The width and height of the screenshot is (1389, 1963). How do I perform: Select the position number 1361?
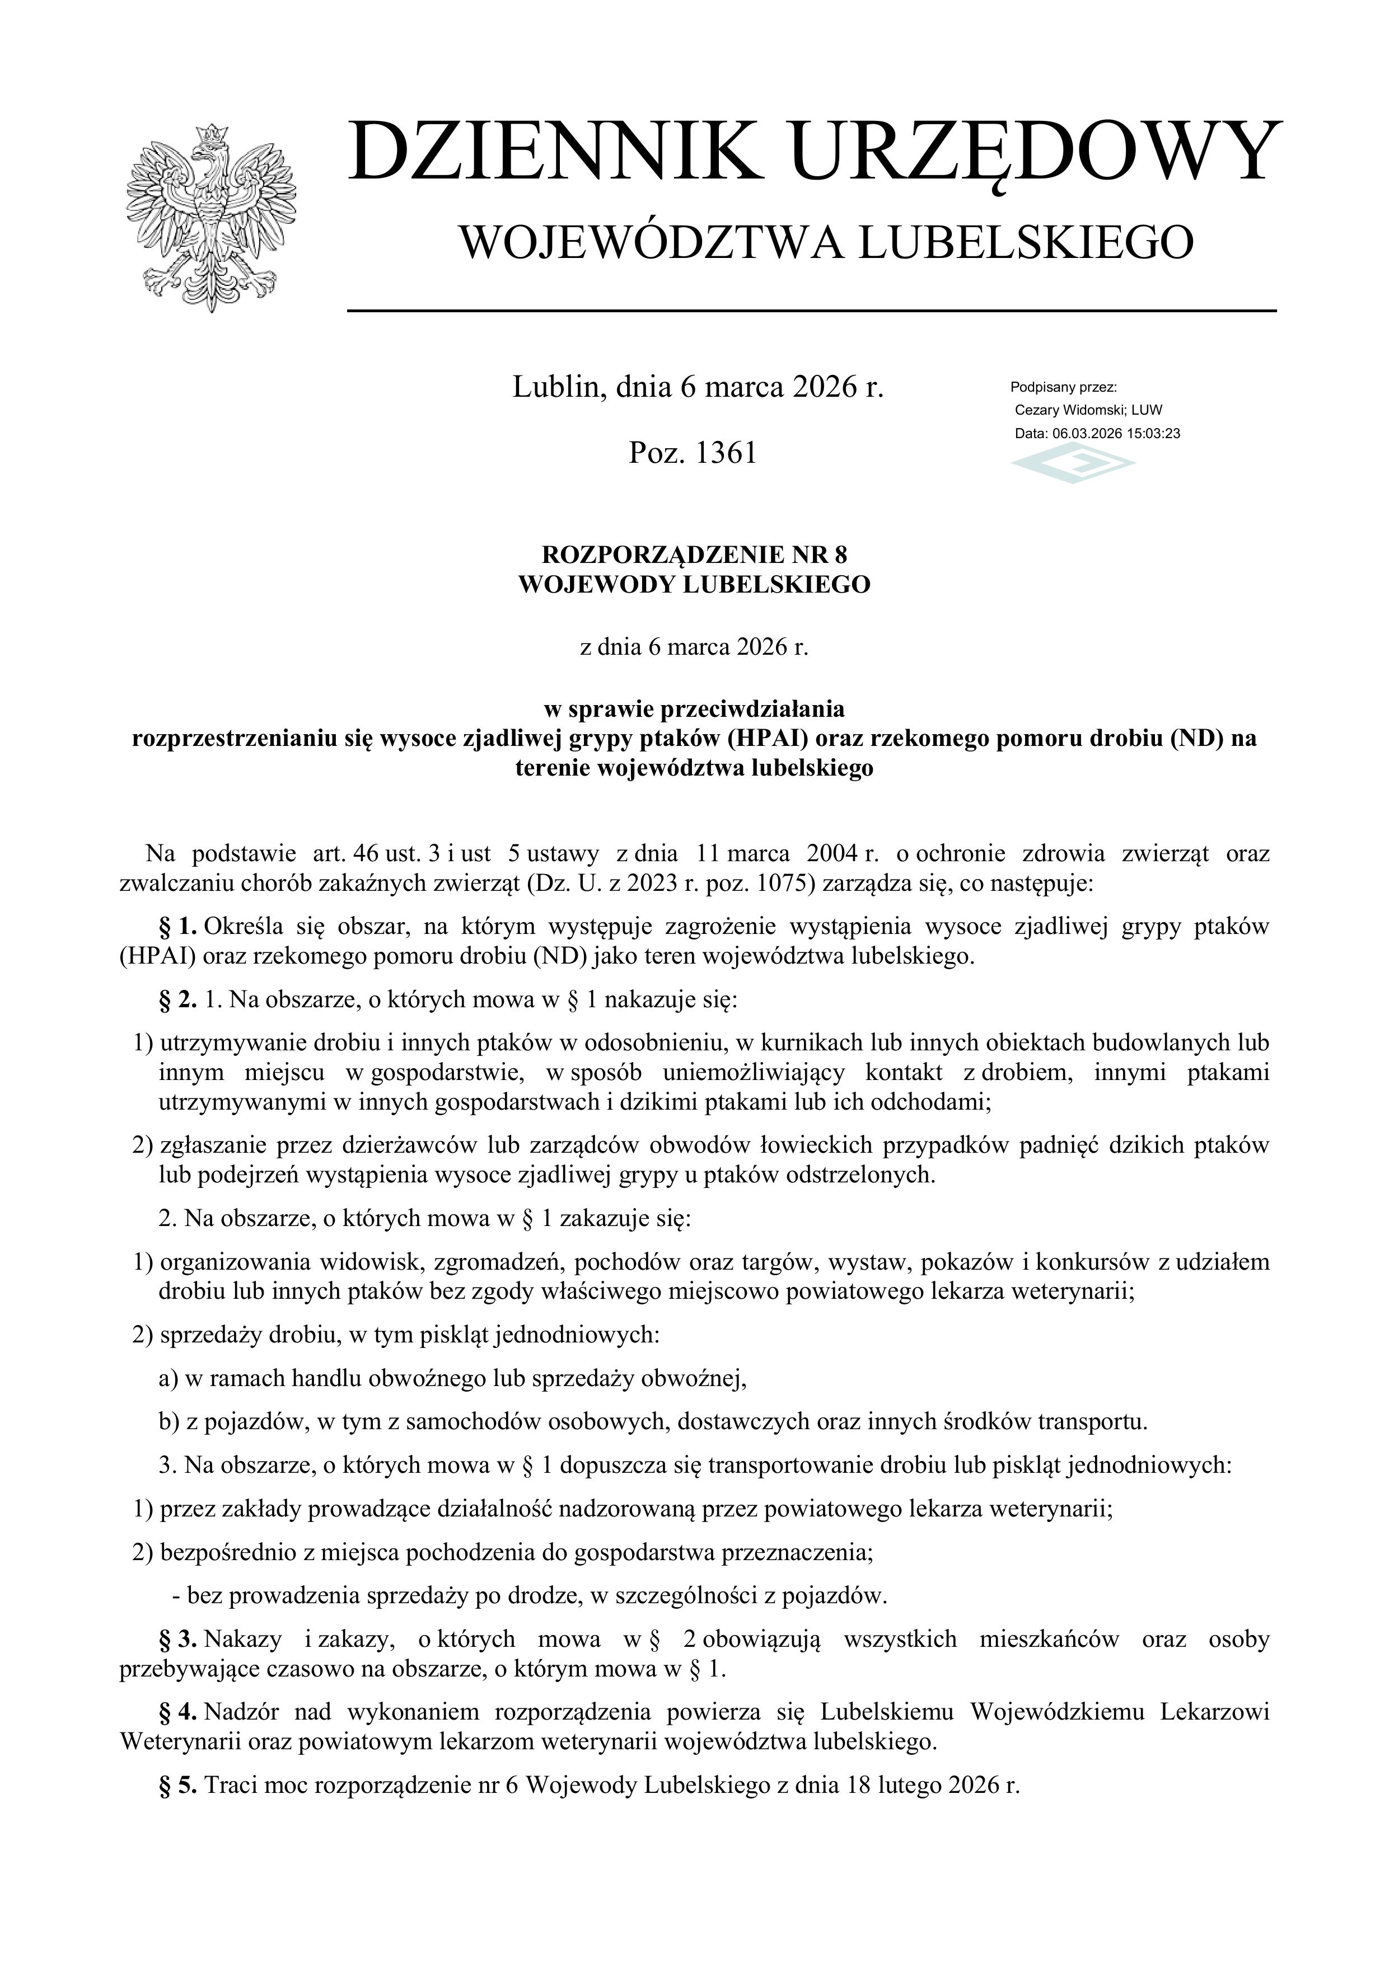[x=727, y=452]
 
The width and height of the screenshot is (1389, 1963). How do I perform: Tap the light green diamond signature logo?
[x=1073, y=465]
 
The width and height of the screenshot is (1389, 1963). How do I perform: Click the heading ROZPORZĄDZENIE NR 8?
[x=694, y=555]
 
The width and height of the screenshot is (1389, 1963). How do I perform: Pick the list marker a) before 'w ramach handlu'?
[x=169, y=1378]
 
